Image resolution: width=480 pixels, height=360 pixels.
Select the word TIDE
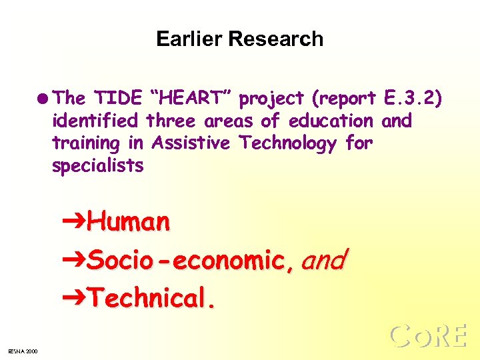point(118,99)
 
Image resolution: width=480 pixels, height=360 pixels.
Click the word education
point(331,121)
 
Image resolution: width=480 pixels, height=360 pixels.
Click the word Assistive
point(191,143)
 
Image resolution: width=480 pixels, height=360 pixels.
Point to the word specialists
point(97,166)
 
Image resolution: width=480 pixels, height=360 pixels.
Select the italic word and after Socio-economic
point(323,260)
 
